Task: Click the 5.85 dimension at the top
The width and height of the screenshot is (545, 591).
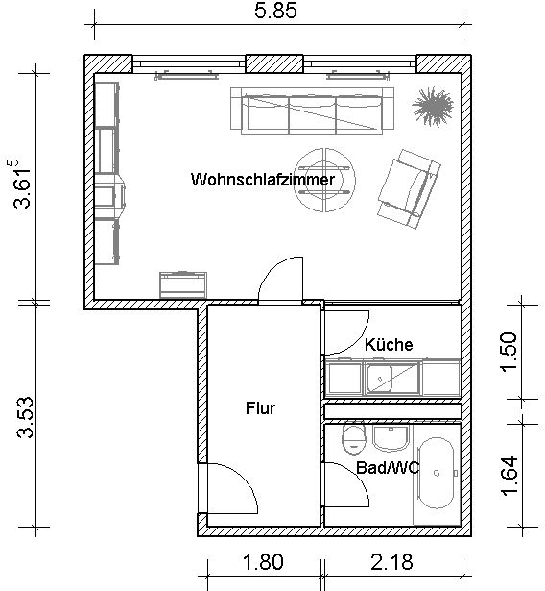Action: click(275, 11)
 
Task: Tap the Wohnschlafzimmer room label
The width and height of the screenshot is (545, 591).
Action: click(263, 180)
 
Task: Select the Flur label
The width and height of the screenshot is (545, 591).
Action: click(260, 408)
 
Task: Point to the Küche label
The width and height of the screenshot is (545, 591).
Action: click(389, 344)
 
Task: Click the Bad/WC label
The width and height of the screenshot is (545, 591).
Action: click(388, 468)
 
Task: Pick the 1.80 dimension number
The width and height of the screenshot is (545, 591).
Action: click(263, 562)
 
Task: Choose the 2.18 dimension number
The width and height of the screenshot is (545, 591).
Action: click(391, 562)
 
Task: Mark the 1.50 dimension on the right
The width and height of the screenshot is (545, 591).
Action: click(509, 352)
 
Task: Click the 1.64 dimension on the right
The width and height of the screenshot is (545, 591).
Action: click(509, 476)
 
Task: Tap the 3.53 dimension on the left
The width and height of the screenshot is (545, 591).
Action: click(25, 418)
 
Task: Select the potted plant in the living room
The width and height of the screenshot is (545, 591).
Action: click(433, 106)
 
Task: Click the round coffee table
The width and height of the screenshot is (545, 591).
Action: click(324, 180)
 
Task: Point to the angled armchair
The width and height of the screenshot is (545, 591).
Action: click(409, 189)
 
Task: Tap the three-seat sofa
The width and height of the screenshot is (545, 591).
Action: click(312, 111)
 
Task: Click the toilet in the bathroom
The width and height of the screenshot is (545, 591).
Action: click(354, 439)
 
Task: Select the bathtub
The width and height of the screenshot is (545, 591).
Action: click(437, 473)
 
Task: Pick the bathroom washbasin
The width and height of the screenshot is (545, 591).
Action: click(391, 439)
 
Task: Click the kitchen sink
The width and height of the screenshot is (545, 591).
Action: click(380, 378)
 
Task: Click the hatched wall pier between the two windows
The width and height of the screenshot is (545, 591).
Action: click(274, 63)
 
